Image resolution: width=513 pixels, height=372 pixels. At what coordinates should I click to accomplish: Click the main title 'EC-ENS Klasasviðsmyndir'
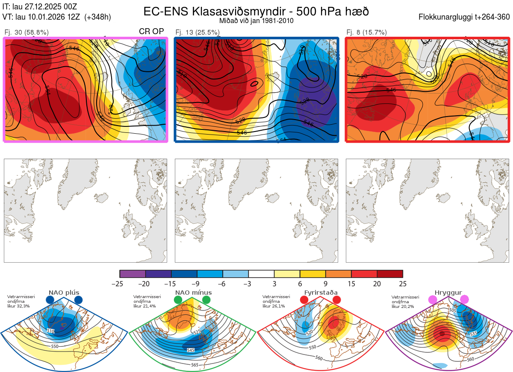[220, 11]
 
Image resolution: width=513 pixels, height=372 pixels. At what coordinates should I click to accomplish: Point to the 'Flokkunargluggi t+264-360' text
[466, 17]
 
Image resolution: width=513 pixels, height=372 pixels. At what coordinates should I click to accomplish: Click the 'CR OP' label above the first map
[151, 32]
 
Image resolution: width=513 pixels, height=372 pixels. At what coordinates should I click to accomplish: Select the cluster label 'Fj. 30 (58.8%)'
[27, 32]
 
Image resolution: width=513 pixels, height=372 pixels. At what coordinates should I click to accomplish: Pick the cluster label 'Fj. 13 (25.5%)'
[198, 32]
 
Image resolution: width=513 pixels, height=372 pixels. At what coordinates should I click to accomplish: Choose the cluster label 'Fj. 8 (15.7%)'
[366, 32]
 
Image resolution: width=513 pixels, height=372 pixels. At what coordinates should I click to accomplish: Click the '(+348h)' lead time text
[98, 17]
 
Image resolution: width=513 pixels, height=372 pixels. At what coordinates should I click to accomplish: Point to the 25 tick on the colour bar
[402, 284]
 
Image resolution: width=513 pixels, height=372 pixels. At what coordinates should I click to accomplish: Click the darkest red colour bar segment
[390, 274]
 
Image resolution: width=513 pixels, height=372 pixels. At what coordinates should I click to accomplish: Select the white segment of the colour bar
[261, 274]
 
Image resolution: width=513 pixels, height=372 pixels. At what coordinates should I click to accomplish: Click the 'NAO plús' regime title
[64, 293]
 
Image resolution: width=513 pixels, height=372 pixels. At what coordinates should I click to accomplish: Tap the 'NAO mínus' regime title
[193, 293]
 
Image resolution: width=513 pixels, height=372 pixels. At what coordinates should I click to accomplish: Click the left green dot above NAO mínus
[178, 300]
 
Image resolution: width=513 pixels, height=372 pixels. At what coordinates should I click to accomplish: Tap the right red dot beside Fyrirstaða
[336, 300]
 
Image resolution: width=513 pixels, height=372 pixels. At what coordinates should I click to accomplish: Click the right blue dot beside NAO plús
[78, 300]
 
